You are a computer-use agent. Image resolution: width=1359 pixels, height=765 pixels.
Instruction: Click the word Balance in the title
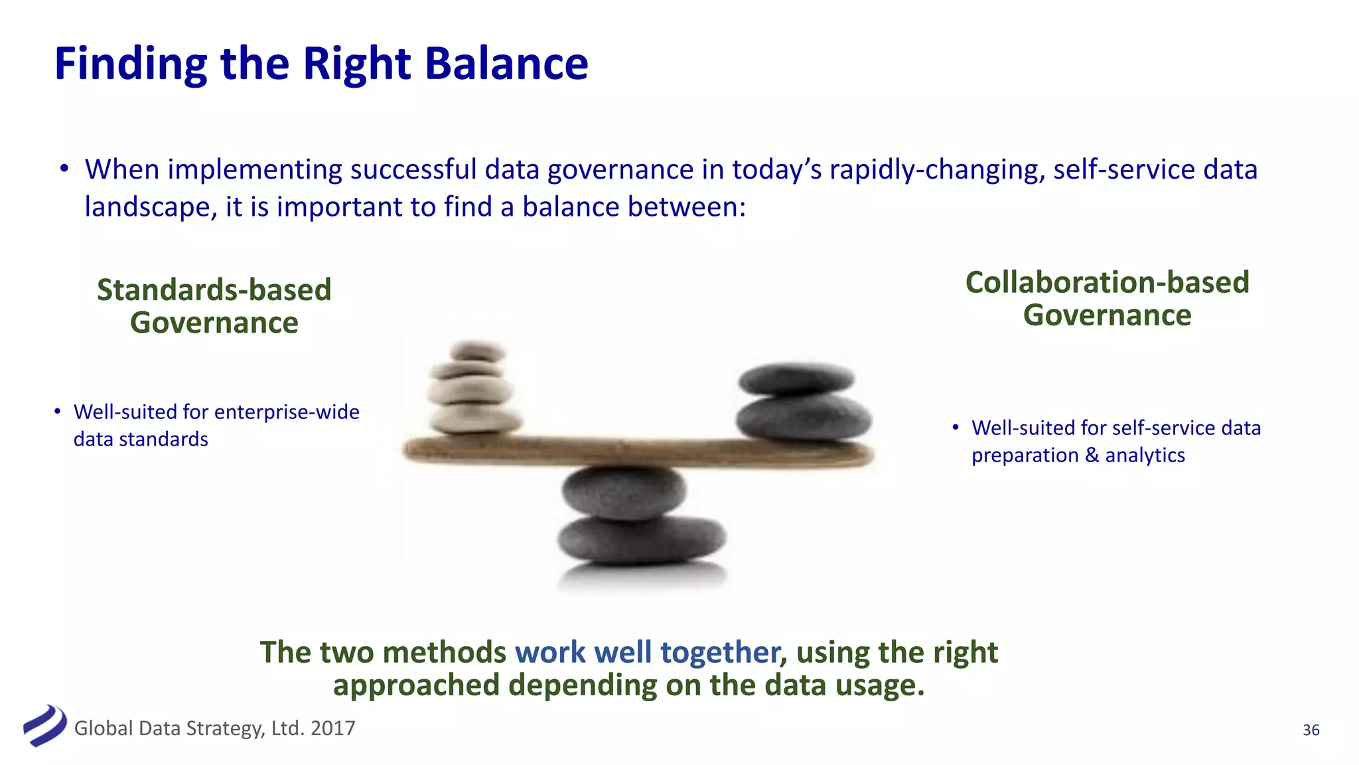(506, 64)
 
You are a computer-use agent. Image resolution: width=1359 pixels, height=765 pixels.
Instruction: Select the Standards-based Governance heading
(214, 306)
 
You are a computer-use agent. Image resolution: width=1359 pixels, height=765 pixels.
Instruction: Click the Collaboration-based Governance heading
(1107, 298)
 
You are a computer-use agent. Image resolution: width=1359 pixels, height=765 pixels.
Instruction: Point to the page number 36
(1311, 730)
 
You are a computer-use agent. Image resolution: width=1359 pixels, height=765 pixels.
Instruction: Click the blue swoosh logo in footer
(44, 726)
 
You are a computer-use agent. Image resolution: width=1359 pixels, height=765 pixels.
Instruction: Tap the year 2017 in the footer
(332, 728)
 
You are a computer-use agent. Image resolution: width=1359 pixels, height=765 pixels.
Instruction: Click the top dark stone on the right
(796, 378)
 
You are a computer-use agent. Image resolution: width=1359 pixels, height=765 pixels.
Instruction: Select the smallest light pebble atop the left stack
(477, 350)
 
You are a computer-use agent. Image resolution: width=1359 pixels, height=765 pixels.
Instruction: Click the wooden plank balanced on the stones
(637, 451)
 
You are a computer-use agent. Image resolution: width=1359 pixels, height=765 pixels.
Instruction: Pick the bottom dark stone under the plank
(640, 539)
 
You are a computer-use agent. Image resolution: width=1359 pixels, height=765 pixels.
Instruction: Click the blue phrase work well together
(647, 652)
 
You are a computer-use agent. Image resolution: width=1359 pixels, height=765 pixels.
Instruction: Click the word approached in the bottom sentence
(416, 685)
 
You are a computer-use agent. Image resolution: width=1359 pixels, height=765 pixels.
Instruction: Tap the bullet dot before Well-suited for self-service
(955, 427)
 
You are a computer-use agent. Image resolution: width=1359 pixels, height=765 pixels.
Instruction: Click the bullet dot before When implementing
(64, 169)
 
